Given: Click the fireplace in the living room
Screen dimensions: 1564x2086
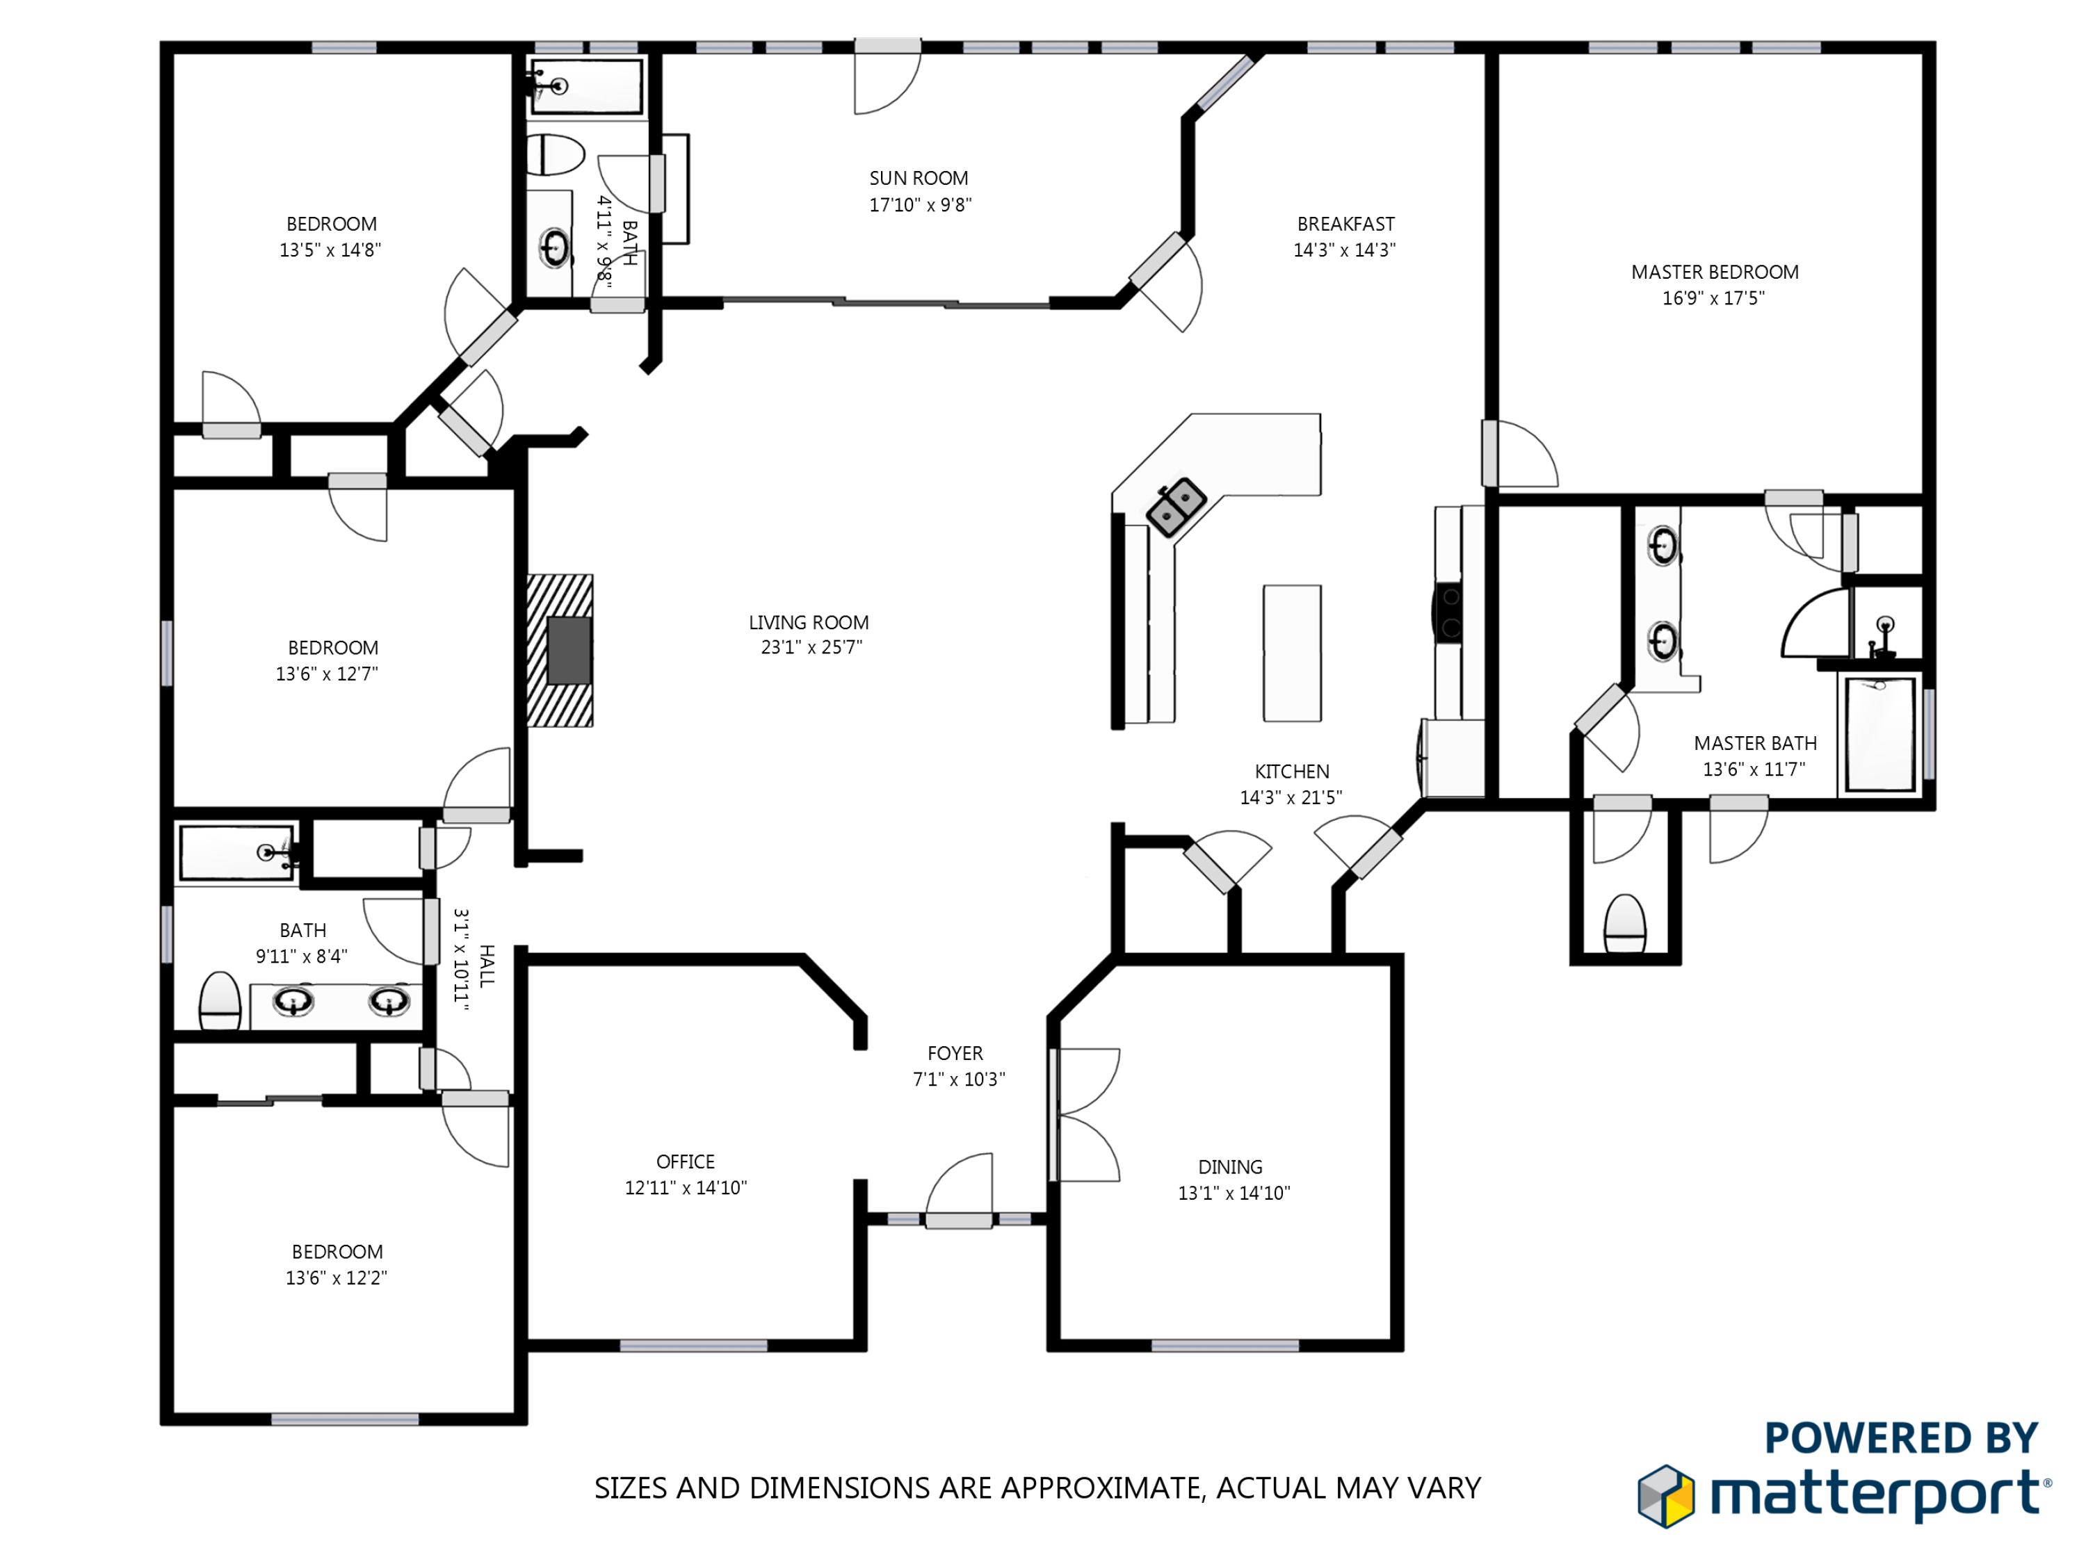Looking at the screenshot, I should [560, 651].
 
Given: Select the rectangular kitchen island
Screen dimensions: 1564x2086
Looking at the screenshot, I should [1292, 653].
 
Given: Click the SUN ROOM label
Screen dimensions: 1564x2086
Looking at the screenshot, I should [919, 178].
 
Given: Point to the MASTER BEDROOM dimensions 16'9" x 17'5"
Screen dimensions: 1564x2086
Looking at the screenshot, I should [1713, 299].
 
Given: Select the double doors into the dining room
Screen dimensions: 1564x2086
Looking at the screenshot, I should [1085, 1115].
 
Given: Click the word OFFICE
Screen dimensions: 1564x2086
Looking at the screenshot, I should [686, 1162].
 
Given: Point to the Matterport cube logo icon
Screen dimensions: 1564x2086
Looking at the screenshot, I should [1665, 1495].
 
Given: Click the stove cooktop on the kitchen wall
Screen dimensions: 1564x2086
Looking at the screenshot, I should [1448, 613].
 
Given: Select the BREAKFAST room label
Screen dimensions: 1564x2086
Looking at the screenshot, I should [1345, 225].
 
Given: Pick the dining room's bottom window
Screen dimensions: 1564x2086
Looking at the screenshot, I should [1225, 1345].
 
